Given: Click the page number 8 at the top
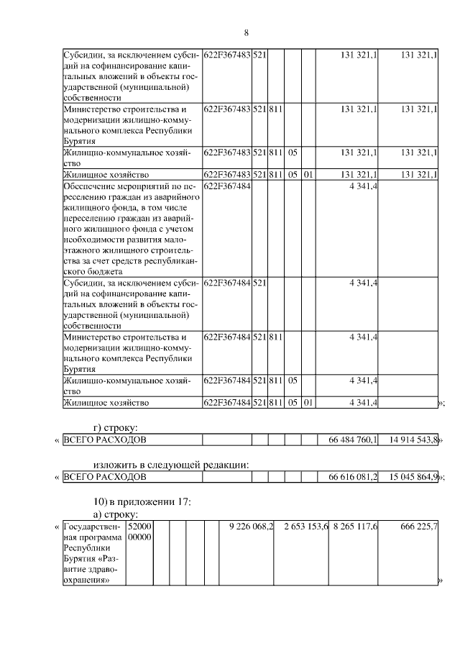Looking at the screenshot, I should coord(246,33).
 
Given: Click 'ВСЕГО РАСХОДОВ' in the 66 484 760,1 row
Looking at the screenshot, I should coord(105,439).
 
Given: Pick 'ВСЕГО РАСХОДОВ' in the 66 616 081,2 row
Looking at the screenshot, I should coord(105,476).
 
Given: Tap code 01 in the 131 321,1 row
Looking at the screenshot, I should coord(308,174).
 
